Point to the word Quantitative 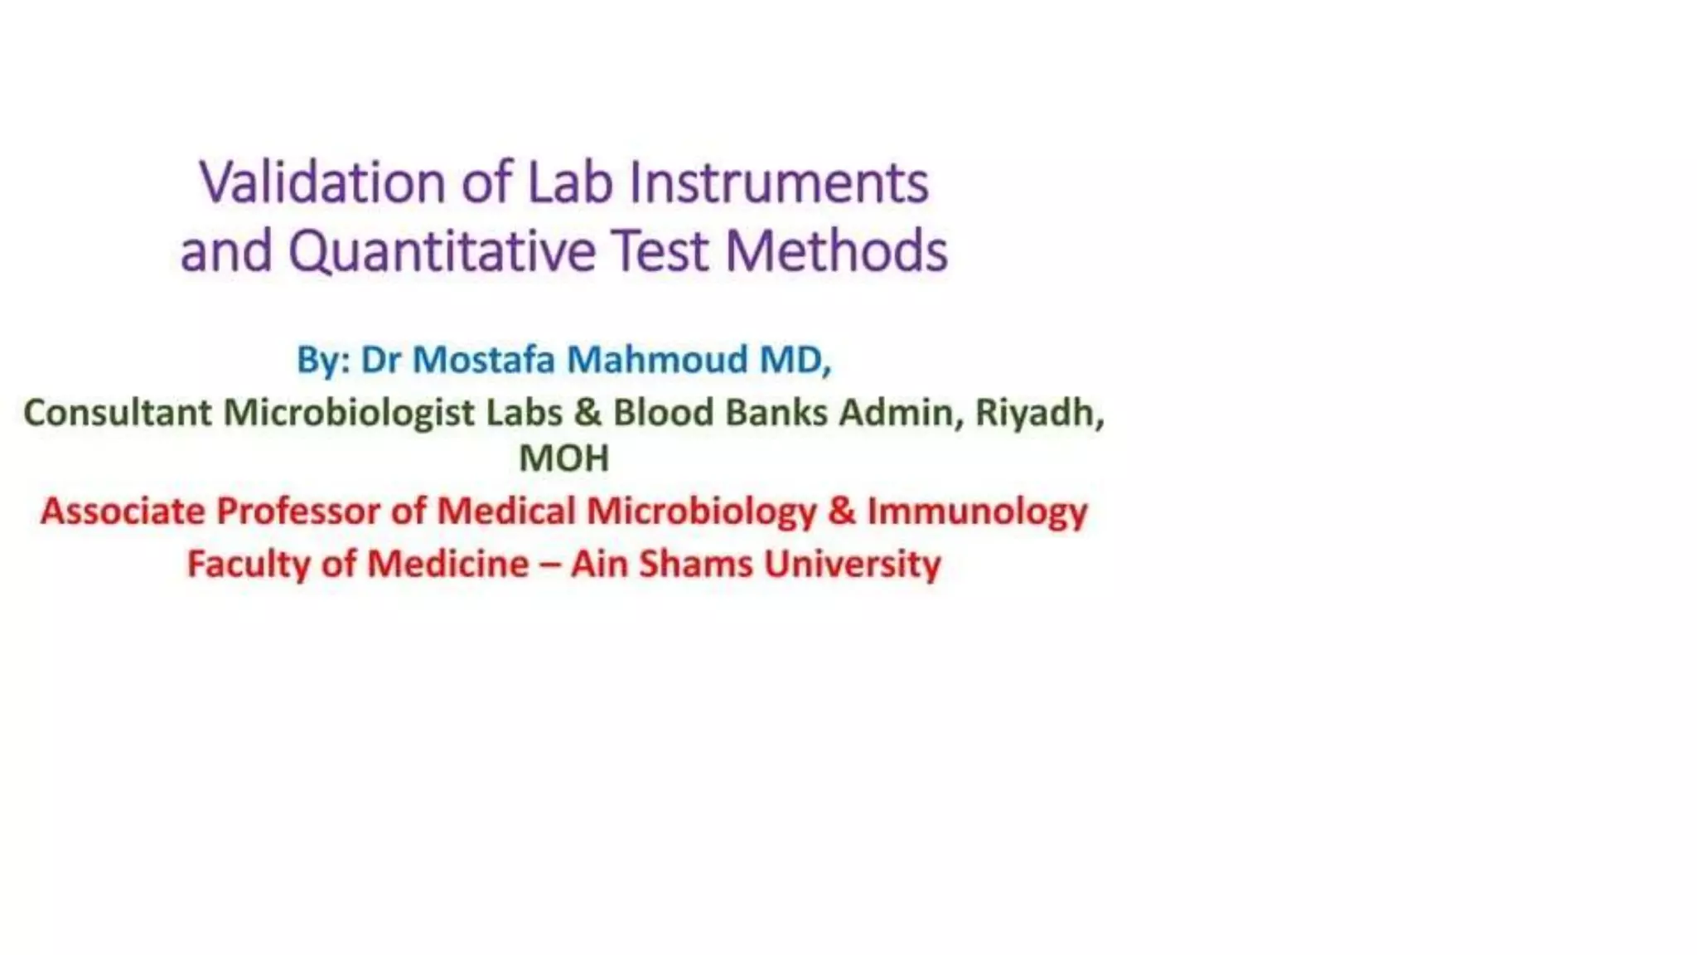(x=442, y=251)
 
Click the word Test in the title (x=660, y=251)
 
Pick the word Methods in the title (x=837, y=251)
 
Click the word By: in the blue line (x=324, y=361)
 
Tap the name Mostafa (x=483, y=360)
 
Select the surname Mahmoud (x=657, y=360)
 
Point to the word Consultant (x=117, y=413)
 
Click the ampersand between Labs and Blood (x=587, y=413)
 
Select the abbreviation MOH (x=563, y=458)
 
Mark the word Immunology (x=977, y=511)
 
